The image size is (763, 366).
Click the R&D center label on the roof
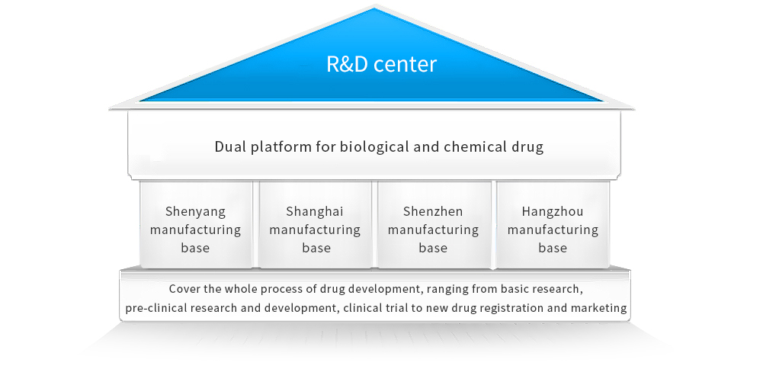381,64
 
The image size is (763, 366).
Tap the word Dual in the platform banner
229,146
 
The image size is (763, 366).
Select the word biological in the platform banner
363,146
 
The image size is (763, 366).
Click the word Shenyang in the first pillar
196,211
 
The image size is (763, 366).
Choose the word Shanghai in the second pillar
315,211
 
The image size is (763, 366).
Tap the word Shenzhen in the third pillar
433,211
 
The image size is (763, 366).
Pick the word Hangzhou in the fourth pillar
553,211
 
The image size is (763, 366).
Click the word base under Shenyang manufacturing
195,248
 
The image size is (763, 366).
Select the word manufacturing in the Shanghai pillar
315,230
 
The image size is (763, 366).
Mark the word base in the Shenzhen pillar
433,248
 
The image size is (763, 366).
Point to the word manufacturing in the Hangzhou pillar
553,230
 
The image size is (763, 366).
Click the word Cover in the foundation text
185,290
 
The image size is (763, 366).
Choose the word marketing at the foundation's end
600,309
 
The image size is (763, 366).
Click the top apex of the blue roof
375,10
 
